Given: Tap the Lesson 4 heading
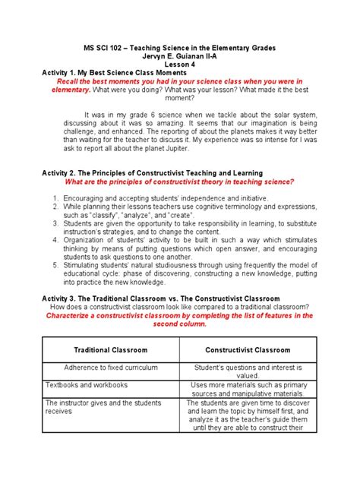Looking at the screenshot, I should tap(180, 65).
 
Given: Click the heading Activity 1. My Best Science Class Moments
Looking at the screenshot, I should tap(118, 73).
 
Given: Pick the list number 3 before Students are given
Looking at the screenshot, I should tap(56, 223).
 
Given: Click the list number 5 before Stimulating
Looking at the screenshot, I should tap(56, 266).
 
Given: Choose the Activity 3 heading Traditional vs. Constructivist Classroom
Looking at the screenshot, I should tap(160, 298).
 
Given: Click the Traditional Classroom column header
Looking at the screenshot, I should tap(111, 350).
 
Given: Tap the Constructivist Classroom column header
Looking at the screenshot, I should tap(248, 350).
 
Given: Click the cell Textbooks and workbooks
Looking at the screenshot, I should tap(85, 385).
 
